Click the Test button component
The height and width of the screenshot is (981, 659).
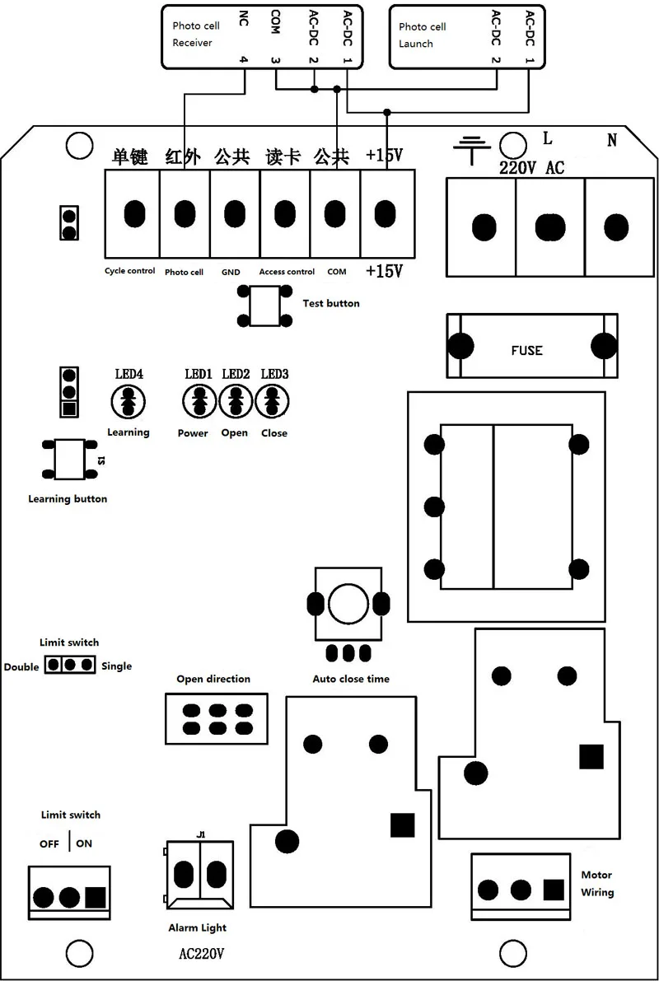(264, 305)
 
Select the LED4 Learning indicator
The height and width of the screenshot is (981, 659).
(128, 402)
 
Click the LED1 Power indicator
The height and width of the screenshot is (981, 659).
(199, 402)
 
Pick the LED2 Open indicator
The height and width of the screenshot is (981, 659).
(235, 402)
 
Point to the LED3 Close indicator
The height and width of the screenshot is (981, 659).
(272, 402)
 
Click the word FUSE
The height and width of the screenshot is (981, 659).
(526, 350)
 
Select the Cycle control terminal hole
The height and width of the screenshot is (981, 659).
(132, 214)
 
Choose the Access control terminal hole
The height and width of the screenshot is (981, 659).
(284, 214)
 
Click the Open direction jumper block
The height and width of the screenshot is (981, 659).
(217, 718)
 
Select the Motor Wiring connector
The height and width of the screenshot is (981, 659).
(521, 890)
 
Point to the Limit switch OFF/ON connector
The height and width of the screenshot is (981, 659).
(69, 896)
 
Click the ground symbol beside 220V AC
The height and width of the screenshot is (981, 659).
(472, 148)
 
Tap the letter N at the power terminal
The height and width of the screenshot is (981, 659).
(612, 140)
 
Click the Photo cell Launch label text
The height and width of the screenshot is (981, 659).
(422, 35)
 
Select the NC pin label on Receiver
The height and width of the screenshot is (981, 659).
(243, 18)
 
